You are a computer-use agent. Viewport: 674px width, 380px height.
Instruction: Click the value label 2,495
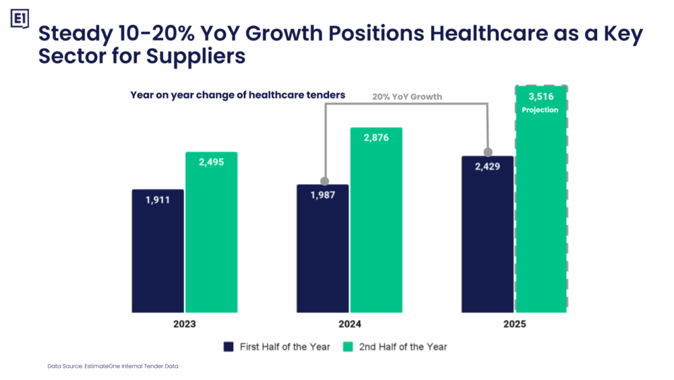pyautogui.click(x=211, y=162)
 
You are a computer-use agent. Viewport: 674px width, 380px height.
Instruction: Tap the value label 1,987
pyautogui.click(x=323, y=195)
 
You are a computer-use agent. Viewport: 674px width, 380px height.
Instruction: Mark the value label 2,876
pyautogui.click(x=376, y=138)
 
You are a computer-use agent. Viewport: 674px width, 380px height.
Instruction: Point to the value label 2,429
pyautogui.click(x=487, y=167)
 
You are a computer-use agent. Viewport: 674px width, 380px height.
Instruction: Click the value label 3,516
pyautogui.click(x=541, y=97)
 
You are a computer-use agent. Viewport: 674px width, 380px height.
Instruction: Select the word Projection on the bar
pyautogui.click(x=541, y=109)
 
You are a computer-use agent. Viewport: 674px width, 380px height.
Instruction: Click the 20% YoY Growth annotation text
pyautogui.click(x=407, y=97)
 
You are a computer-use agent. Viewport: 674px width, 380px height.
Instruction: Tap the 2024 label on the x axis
pyautogui.click(x=350, y=324)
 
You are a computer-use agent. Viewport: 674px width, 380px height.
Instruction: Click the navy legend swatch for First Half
pyautogui.click(x=228, y=347)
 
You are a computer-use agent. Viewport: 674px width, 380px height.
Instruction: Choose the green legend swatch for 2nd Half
pyautogui.click(x=348, y=347)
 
